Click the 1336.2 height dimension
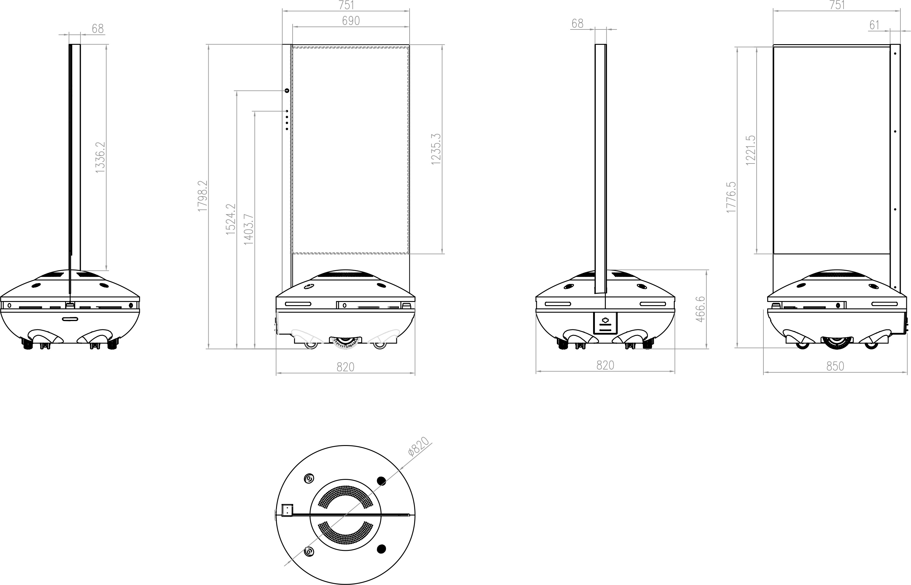(100, 157)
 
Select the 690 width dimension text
(351, 21)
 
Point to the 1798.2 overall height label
(202, 196)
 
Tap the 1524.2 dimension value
(231, 219)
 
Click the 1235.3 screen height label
(436, 149)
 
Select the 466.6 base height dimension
(700, 309)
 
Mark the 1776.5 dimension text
(731, 197)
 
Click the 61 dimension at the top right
(874, 25)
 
